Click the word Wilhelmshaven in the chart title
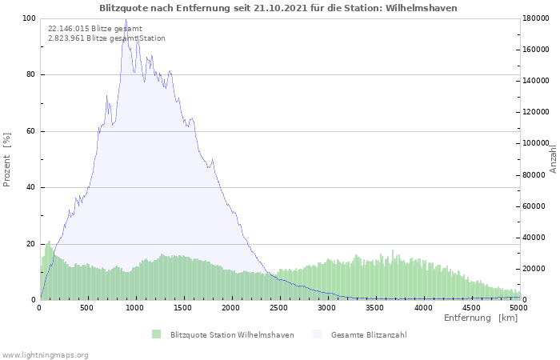(421, 8)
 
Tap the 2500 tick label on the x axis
(279, 308)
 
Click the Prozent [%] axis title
(6, 160)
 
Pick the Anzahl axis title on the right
(554, 159)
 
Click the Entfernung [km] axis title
(481, 318)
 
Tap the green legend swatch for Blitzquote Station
(157, 334)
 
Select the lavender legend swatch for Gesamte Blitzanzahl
(317, 334)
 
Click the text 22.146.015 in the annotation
(69, 29)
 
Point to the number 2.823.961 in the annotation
(66, 38)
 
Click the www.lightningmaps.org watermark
(45, 355)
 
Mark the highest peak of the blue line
(126, 19)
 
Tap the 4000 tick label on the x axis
(423, 308)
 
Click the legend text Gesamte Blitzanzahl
(369, 335)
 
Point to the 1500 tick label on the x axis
(183, 308)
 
